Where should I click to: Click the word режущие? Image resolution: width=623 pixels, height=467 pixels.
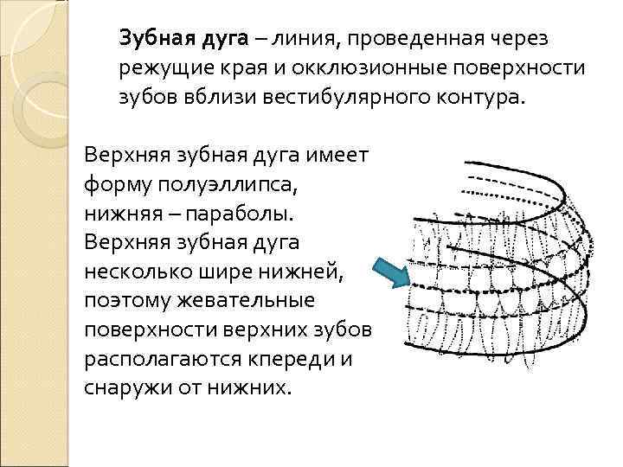pyautogui.click(x=157, y=67)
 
